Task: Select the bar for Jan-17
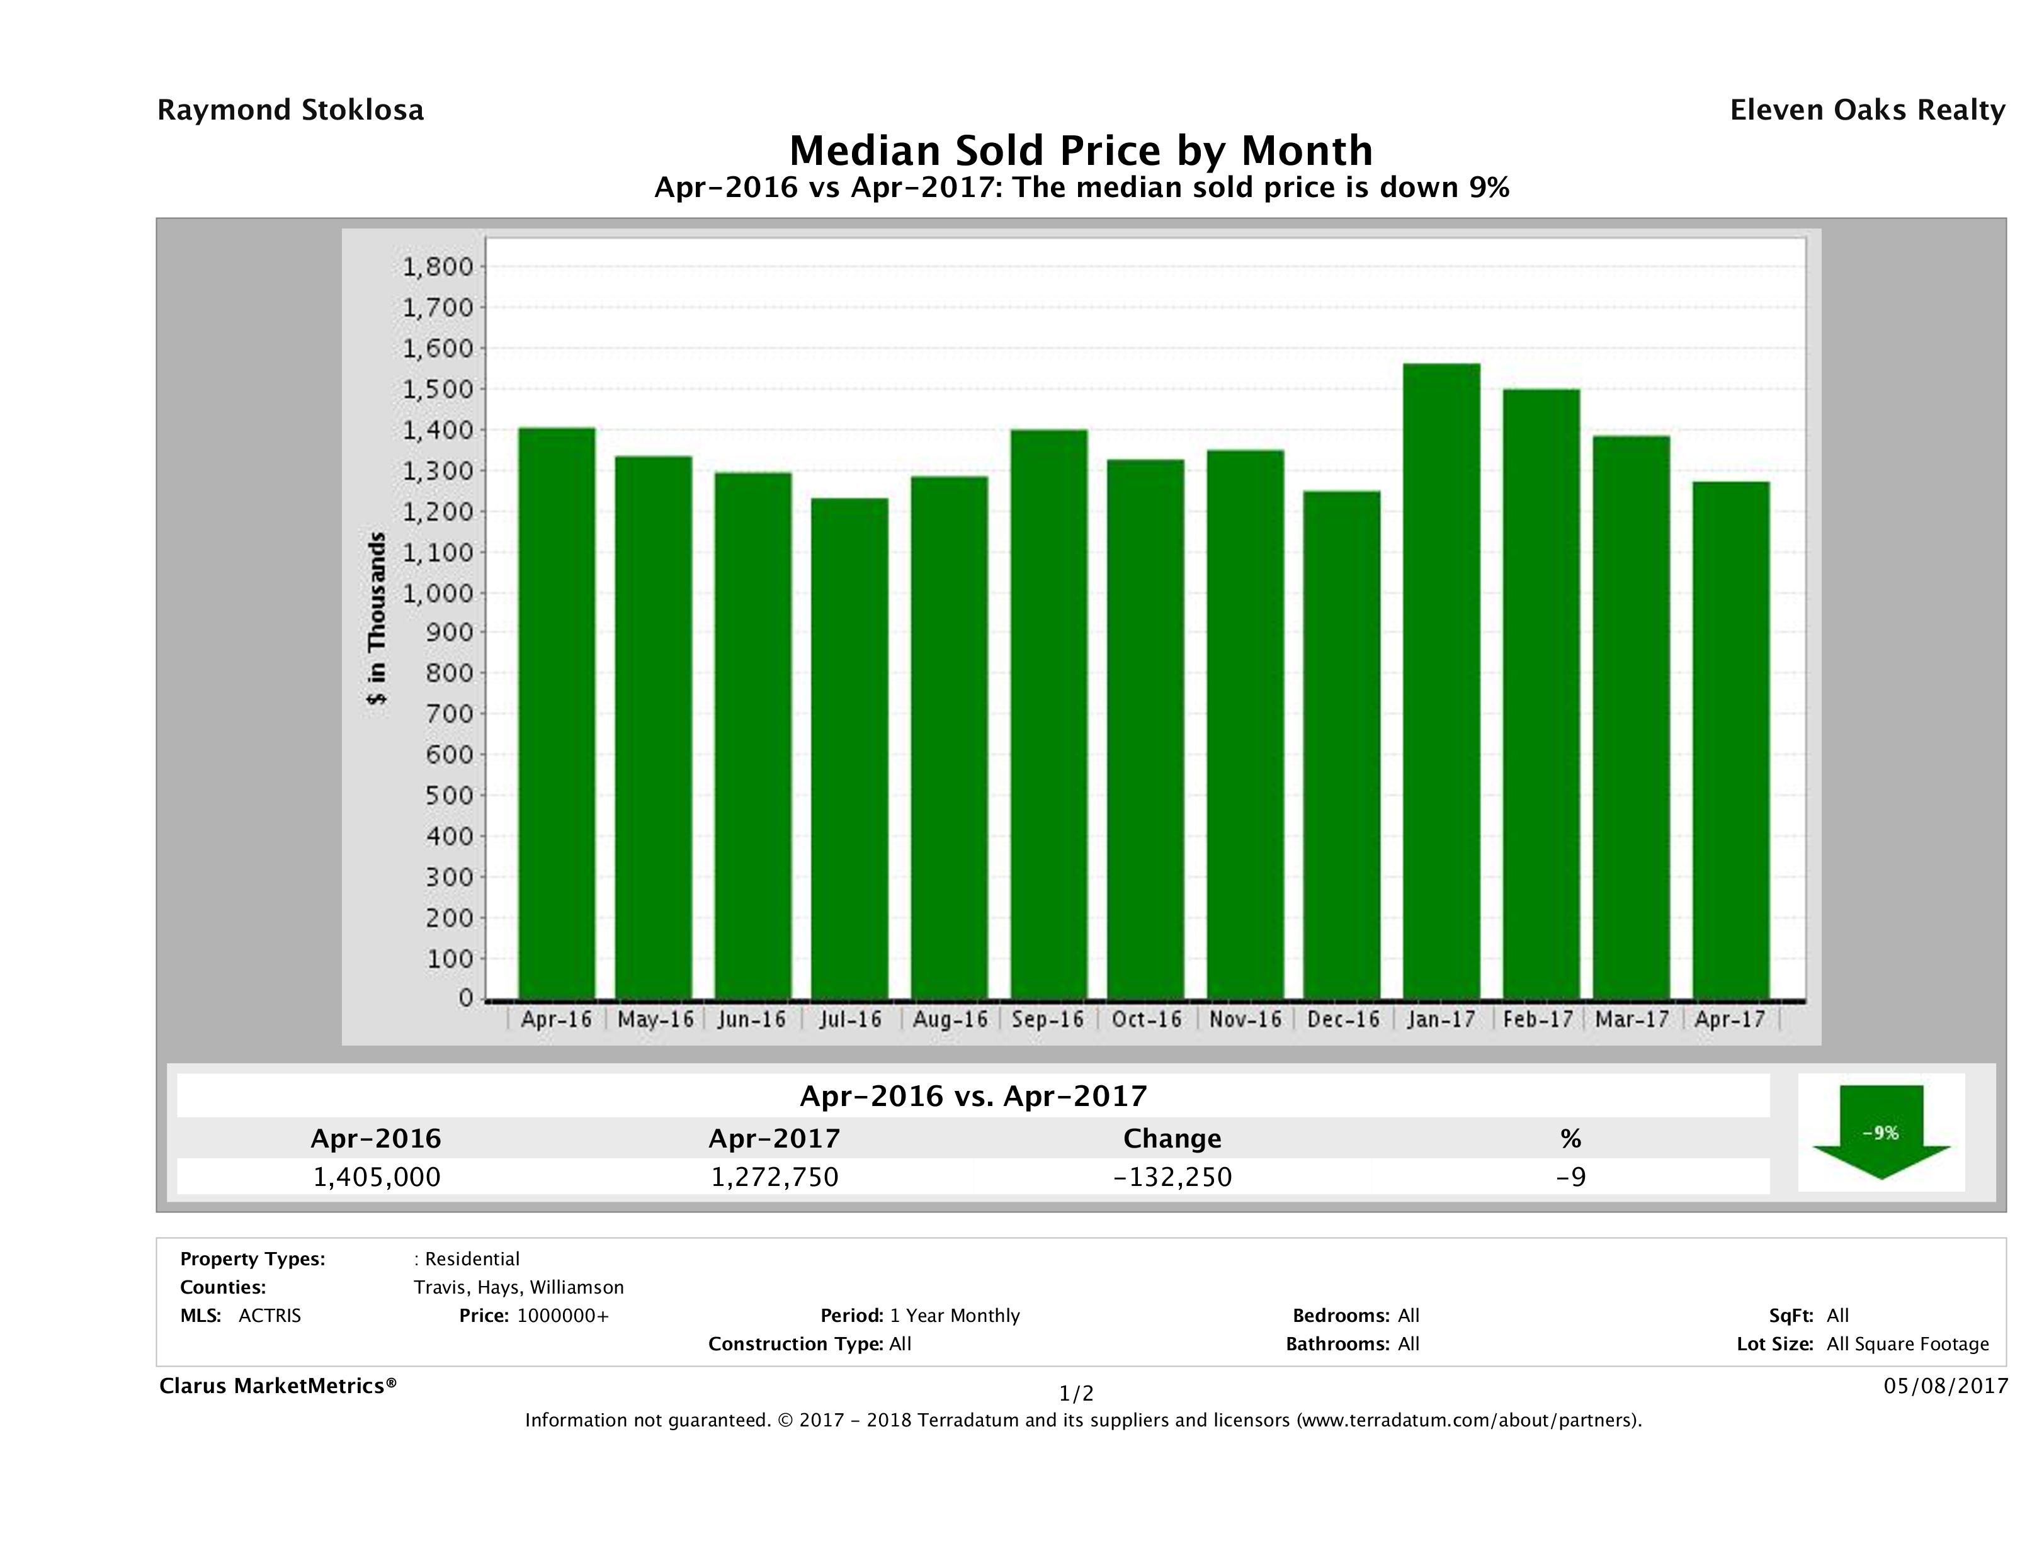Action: click(1441, 680)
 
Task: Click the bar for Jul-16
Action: click(849, 748)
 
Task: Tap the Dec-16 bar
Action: click(1341, 744)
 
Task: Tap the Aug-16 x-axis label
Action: click(950, 1019)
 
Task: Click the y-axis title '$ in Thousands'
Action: click(377, 618)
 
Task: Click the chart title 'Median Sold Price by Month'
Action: click(1081, 150)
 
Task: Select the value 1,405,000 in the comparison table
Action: click(377, 1177)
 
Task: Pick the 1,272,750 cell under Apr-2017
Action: click(775, 1177)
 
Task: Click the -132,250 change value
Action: click(1172, 1177)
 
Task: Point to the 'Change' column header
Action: click(1172, 1139)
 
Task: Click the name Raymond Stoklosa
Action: click(290, 110)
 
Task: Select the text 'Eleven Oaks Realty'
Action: click(1866, 110)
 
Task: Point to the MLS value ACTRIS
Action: click(269, 1316)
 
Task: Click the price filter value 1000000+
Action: click(562, 1316)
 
